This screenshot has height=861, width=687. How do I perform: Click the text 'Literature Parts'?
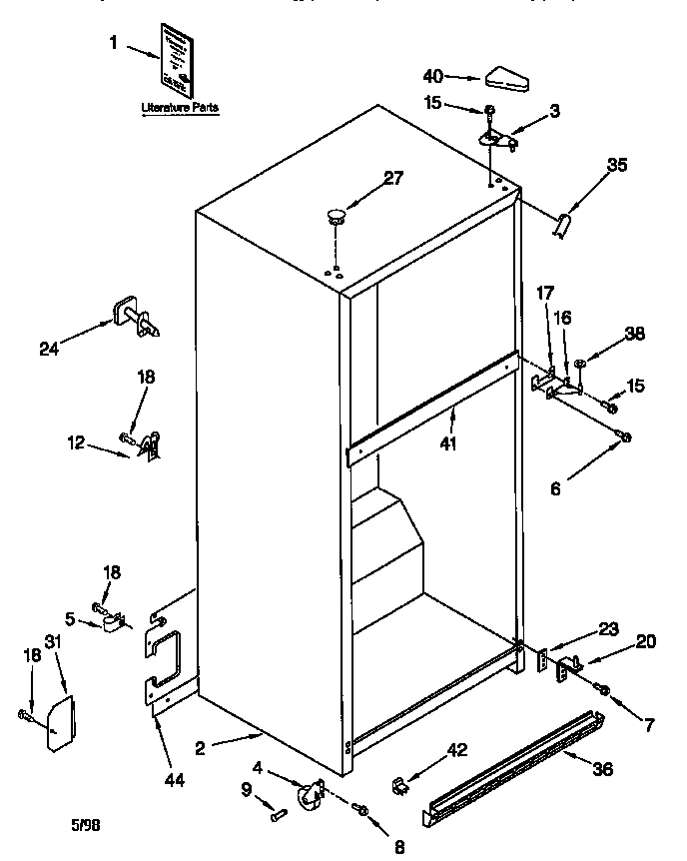point(180,106)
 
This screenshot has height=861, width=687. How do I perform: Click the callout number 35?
point(617,166)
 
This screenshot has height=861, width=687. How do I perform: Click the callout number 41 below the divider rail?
point(449,442)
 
